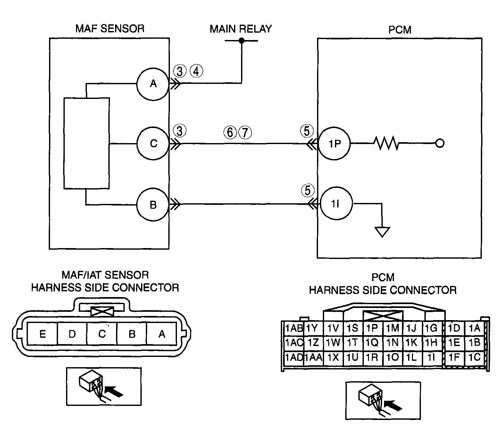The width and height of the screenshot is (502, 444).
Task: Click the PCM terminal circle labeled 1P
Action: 334,144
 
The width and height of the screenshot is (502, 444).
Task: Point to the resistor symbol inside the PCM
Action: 386,144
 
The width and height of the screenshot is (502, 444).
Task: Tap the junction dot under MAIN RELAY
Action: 242,41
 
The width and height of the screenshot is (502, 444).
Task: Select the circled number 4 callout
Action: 196,71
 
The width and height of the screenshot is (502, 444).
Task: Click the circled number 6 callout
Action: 230,132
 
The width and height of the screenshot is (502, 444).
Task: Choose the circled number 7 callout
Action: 245,132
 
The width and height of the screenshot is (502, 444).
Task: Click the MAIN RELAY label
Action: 240,29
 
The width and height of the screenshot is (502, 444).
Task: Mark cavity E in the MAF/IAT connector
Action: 42,334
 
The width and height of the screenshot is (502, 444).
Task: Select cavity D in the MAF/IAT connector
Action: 72,334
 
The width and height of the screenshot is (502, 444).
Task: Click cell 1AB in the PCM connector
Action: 294,328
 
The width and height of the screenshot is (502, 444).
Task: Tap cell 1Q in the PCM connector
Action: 372,343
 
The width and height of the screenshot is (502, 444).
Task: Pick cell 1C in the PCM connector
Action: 475,357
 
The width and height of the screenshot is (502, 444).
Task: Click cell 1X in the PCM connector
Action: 333,357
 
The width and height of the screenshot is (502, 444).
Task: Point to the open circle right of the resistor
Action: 440,144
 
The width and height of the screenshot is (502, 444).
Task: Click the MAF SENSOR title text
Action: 110,28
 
